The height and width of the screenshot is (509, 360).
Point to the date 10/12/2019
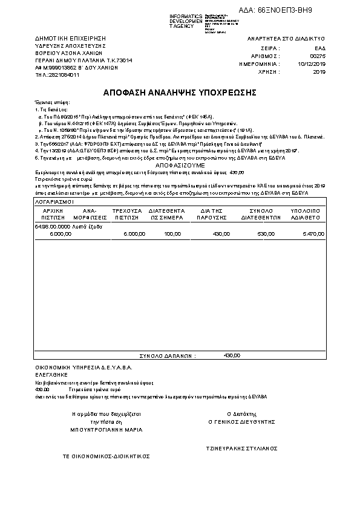pos(312,63)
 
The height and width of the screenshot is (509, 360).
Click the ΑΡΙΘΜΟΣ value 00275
pos(318,54)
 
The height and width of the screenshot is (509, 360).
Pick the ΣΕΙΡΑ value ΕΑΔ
pos(320,47)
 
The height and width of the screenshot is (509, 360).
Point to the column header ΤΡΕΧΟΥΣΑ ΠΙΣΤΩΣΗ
pos(128,212)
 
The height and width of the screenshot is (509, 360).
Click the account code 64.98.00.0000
pos(53,225)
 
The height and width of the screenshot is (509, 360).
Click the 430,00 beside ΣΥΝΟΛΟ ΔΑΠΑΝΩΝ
pos(232,355)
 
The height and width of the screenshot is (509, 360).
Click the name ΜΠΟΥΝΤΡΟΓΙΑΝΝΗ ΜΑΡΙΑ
pos(106,429)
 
